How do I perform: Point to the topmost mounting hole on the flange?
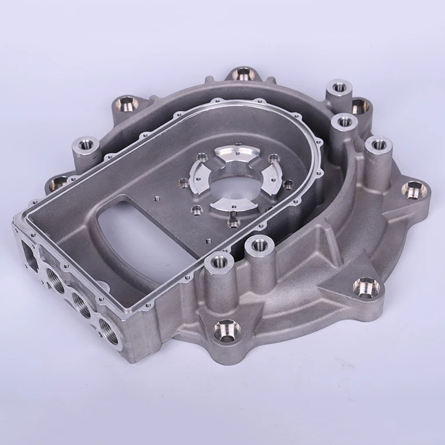(242, 74)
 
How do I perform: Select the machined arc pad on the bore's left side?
(199, 179)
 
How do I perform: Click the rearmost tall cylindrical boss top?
(339, 87)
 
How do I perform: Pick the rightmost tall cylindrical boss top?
(378, 144)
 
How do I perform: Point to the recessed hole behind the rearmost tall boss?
(360, 107)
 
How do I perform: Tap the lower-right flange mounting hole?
(365, 288)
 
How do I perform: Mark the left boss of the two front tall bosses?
(218, 261)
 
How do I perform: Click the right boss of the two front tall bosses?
(260, 243)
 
